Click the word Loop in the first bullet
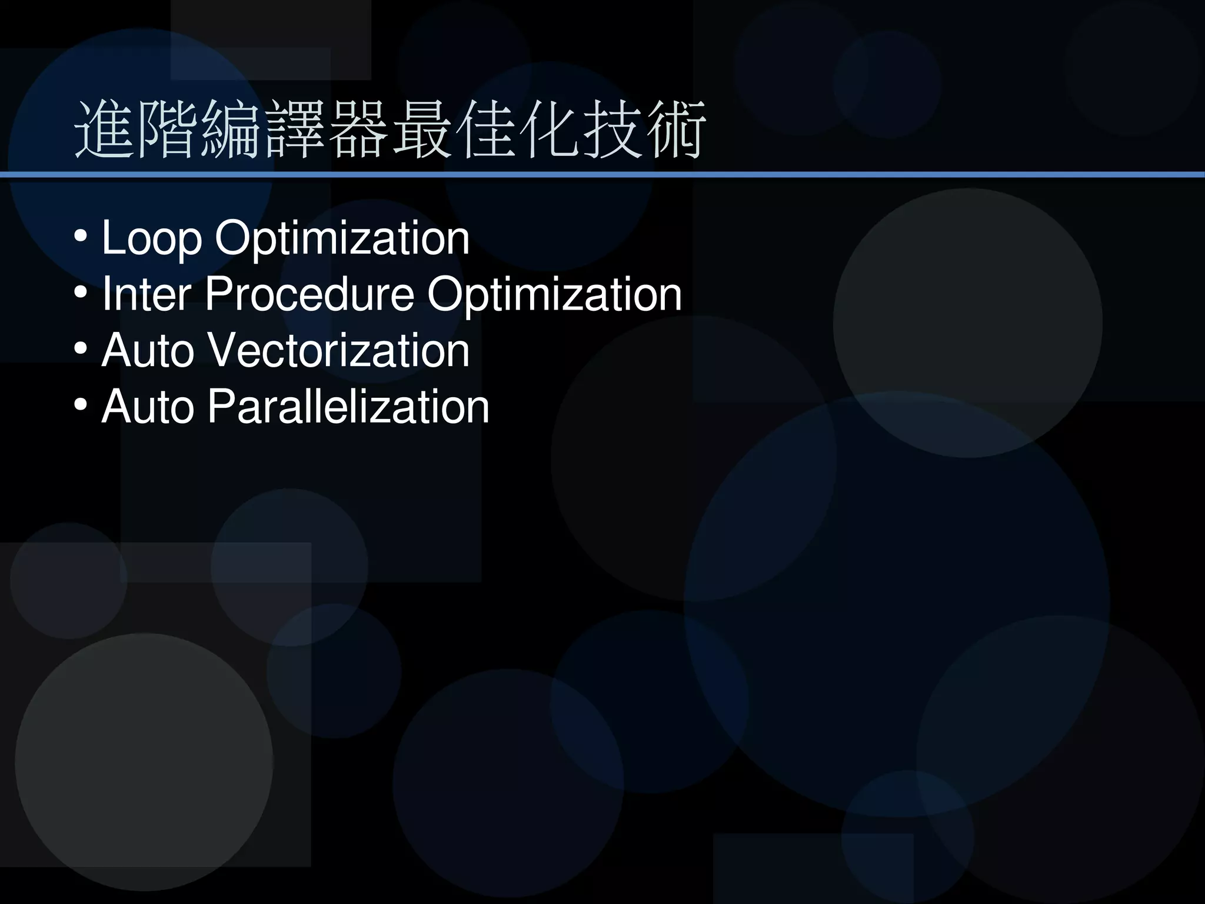[x=152, y=239]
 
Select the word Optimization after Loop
[x=342, y=239]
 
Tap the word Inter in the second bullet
[x=147, y=294]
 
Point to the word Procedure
[x=309, y=294]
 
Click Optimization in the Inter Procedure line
[x=554, y=294]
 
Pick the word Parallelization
[x=348, y=407]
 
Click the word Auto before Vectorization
[x=148, y=351]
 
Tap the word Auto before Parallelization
[x=148, y=407]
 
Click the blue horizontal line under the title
[x=602, y=175]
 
